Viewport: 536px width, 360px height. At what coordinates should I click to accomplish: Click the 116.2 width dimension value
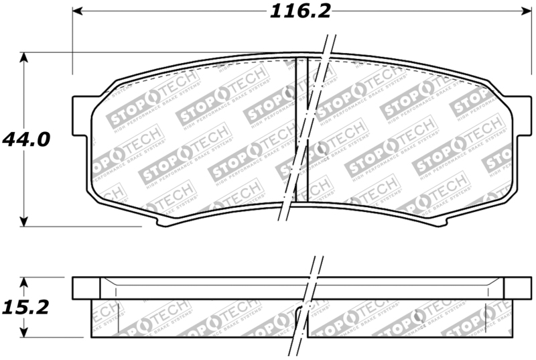point(301,11)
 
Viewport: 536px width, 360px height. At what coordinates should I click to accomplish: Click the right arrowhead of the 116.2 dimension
point(525,11)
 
